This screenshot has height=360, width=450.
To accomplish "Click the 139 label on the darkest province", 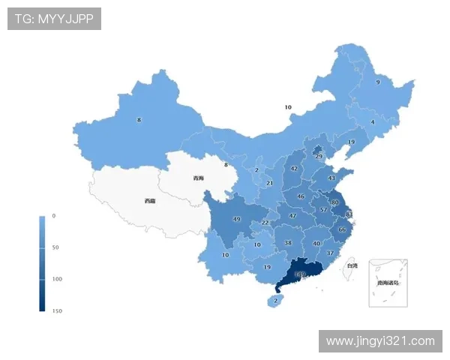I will coord(300,275).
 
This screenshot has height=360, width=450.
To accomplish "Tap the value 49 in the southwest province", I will coord(236,219).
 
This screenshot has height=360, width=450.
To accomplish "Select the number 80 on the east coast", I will coord(334,202).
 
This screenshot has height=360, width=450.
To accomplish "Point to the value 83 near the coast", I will coord(349,214).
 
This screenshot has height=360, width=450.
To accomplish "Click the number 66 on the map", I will coord(342,229).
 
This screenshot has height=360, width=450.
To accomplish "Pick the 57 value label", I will coord(323,210).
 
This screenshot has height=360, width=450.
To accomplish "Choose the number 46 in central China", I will coord(301,196).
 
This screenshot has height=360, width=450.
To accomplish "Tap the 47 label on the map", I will coord(292,216).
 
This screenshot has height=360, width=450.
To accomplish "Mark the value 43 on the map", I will coord(331,178).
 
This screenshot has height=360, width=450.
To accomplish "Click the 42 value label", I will coord(294,169).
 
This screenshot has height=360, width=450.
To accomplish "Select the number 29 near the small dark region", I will coord(319,156).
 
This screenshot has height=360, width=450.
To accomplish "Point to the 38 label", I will coord(288,243).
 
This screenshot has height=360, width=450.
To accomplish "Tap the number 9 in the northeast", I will coord(377,82).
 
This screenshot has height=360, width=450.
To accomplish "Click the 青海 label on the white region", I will coord(198,178).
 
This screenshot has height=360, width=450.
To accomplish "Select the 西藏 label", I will coord(150,201).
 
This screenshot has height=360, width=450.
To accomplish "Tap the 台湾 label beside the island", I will coord(352,265).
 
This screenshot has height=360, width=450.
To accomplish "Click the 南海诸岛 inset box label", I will coord(388,283).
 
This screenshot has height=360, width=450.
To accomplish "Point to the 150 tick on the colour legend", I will coord(57,310).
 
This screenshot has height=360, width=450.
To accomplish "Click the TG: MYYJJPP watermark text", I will coord(54,19).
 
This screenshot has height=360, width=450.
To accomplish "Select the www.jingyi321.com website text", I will coord(380,341).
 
